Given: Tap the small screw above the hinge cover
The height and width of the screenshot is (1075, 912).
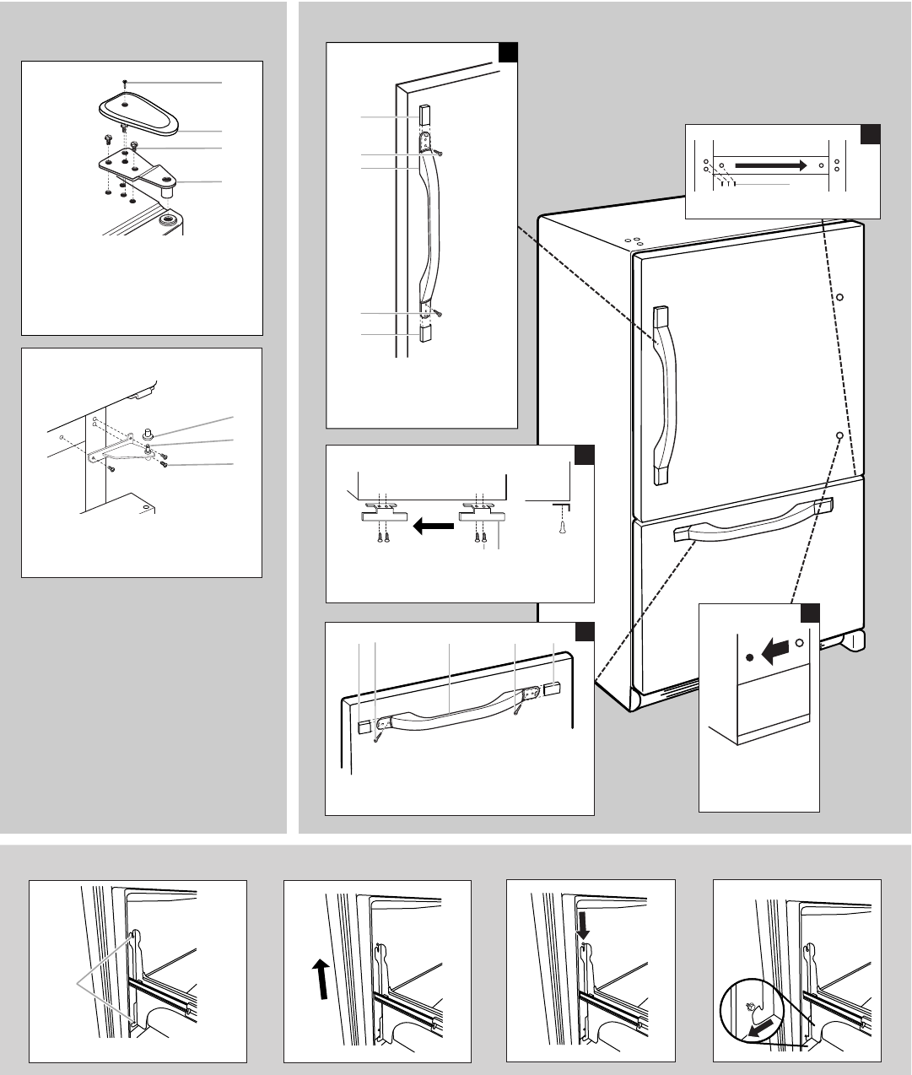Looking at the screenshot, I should coord(124,83).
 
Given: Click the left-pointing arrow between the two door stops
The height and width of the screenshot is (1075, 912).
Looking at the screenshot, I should coord(434,527).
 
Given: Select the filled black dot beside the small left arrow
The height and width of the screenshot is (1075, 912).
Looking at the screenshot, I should coord(748,656).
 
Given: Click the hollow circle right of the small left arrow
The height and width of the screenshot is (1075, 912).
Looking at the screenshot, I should coord(799,643).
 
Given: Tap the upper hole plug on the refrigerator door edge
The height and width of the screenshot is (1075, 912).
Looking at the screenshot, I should coord(839,298).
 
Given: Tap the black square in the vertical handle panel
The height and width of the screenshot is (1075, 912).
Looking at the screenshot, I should coord(506,52).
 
